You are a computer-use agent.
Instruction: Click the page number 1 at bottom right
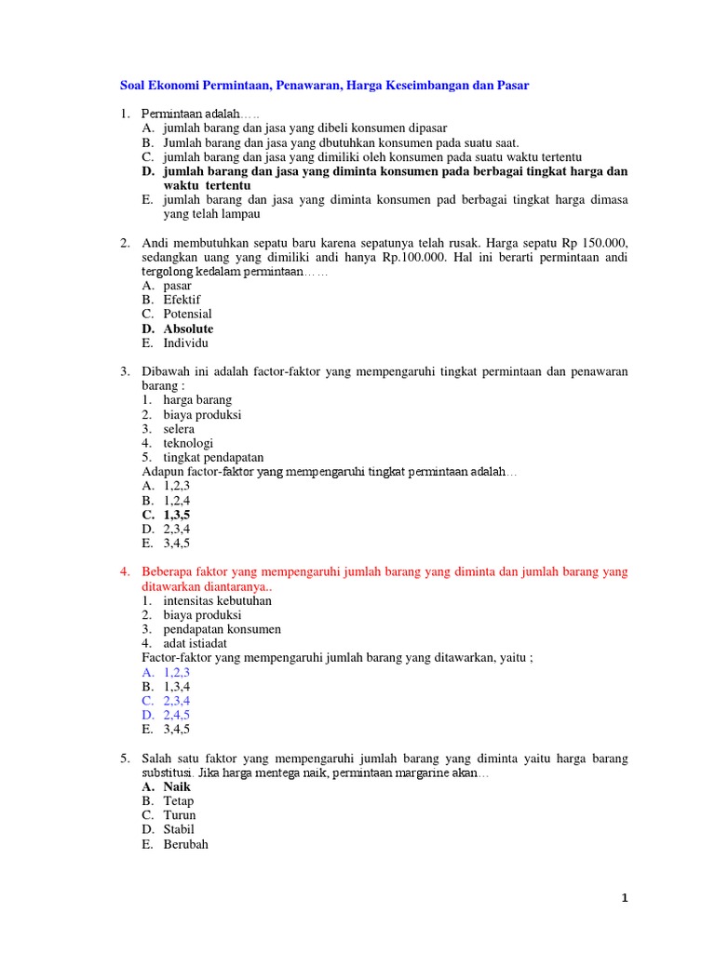(x=625, y=898)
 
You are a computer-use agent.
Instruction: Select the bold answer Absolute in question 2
(x=188, y=329)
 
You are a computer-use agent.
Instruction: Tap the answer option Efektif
(x=182, y=300)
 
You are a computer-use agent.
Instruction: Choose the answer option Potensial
(x=187, y=314)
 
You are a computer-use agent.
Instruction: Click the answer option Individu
(x=185, y=342)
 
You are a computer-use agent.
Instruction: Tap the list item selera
(x=179, y=429)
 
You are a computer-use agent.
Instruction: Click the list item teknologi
(x=188, y=443)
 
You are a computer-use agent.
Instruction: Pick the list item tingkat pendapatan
(x=213, y=457)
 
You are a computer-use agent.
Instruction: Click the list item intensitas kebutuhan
(x=217, y=600)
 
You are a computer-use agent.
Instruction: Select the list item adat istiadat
(x=195, y=643)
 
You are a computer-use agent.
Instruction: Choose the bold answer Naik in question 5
(x=177, y=786)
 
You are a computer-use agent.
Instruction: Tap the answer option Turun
(x=180, y=815)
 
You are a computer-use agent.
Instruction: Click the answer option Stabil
(x=180, y=829)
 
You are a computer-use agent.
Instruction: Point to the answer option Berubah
(x=185, y=844)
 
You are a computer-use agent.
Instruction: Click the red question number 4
(x=124, y=571)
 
